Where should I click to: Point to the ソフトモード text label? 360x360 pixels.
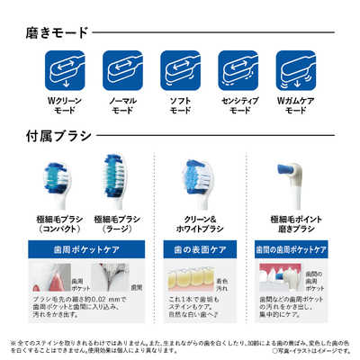coord(179,112)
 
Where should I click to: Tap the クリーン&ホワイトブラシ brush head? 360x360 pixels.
coord(197,175)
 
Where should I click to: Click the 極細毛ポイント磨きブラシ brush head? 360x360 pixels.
coord(292,169)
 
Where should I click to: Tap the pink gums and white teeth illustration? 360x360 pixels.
coord(279,281)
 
